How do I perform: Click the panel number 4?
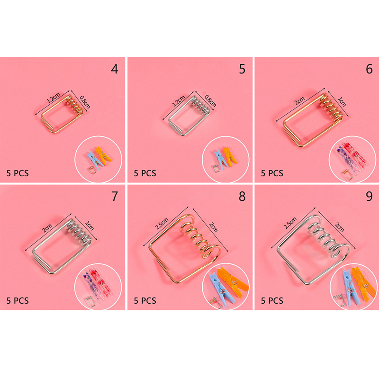115,69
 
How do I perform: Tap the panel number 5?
242,69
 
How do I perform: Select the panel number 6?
369,69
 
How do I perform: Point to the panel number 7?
115,196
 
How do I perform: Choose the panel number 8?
242,196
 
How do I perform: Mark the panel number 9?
369,196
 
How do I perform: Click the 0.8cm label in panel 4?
85,102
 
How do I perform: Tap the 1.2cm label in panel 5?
179,101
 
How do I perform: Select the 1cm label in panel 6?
342,102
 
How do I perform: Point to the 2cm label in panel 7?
47,228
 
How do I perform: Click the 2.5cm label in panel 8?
162,223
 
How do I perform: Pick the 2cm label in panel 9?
339,227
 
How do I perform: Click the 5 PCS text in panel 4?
18,173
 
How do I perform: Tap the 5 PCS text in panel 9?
272,301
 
